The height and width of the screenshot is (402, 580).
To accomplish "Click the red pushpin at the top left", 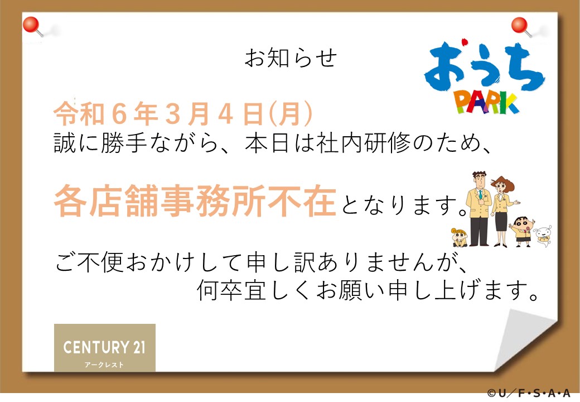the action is coord(32,26).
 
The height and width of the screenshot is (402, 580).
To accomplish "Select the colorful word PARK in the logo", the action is coord(486,103).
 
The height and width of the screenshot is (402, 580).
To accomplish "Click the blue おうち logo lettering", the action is coord(485,66).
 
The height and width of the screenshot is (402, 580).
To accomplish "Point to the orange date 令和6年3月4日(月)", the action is coord(183,114).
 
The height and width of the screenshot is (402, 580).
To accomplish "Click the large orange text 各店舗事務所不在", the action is coord(195,201).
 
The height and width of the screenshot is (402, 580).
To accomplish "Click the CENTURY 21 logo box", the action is coord(105,348).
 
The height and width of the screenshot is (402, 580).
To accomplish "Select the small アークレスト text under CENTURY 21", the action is coord(104,365).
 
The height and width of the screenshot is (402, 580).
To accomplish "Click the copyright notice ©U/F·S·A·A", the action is coord(529,393).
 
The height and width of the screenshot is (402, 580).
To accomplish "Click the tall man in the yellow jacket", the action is coord(480,209).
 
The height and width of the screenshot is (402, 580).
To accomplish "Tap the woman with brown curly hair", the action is coord(502,211).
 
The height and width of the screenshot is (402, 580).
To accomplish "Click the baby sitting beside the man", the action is coord(460,237).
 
